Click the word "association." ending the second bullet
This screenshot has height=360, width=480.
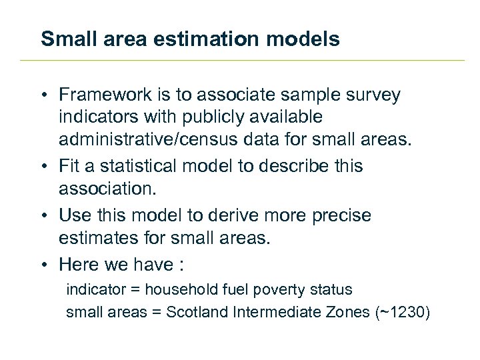(x=107, y=189)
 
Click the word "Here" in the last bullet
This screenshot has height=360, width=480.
(x=79, y=265)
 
